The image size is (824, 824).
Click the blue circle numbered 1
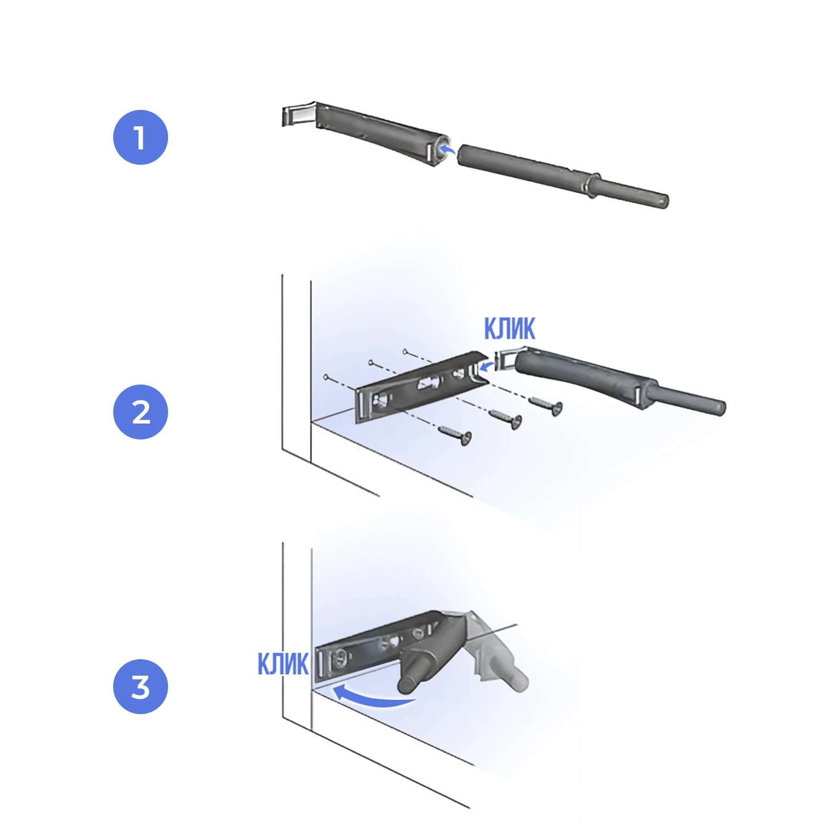coord(141,137)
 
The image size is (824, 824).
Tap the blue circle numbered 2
coord(141,412)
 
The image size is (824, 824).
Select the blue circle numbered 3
coord(141,687)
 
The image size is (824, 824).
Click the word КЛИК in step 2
coord(509,329)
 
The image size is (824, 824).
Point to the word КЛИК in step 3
coord(283,664)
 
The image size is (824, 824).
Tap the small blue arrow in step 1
coord(448,148)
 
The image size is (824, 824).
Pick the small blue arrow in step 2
coord(487,365)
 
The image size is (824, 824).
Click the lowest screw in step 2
coord(455,435)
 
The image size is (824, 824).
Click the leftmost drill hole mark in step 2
coord(326,377)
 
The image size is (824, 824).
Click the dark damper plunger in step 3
coord(426,659)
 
